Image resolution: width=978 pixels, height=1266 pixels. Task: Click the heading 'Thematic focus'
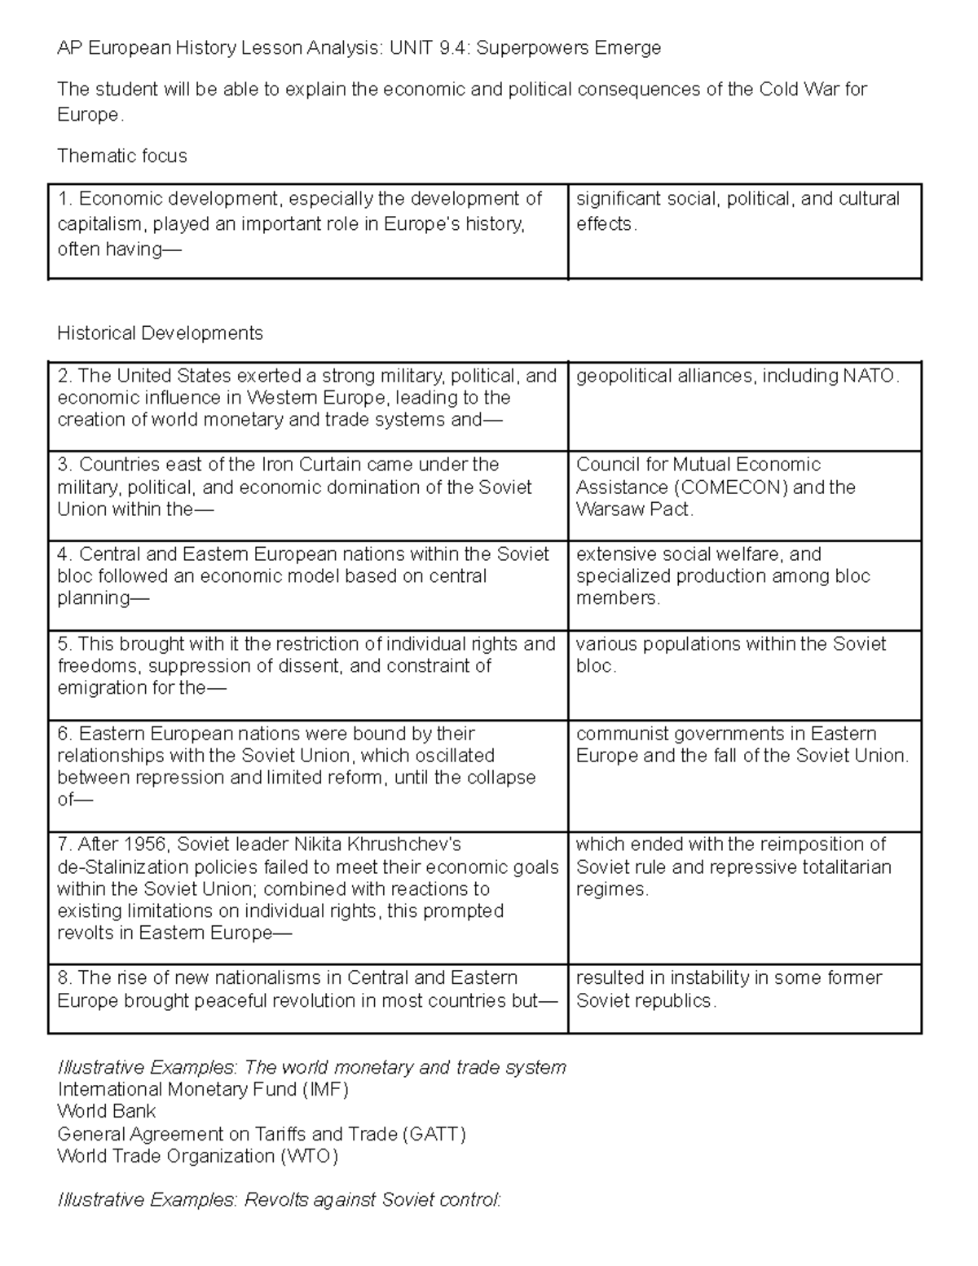point(121,156)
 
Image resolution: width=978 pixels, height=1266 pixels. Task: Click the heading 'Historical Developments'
point(160,333)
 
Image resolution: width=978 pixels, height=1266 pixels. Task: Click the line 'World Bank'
point(106,1111)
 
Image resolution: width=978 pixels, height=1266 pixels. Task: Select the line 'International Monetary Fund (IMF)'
point(202,1089)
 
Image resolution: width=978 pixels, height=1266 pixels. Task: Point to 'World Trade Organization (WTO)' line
point(197,1156)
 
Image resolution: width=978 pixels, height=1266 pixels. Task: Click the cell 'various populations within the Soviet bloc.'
point(730,655)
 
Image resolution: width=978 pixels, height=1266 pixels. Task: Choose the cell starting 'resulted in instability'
point(729,989)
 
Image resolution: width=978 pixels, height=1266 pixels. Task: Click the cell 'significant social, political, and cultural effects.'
point(737,211)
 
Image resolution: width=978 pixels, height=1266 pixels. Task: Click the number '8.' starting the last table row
point(65,978)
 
